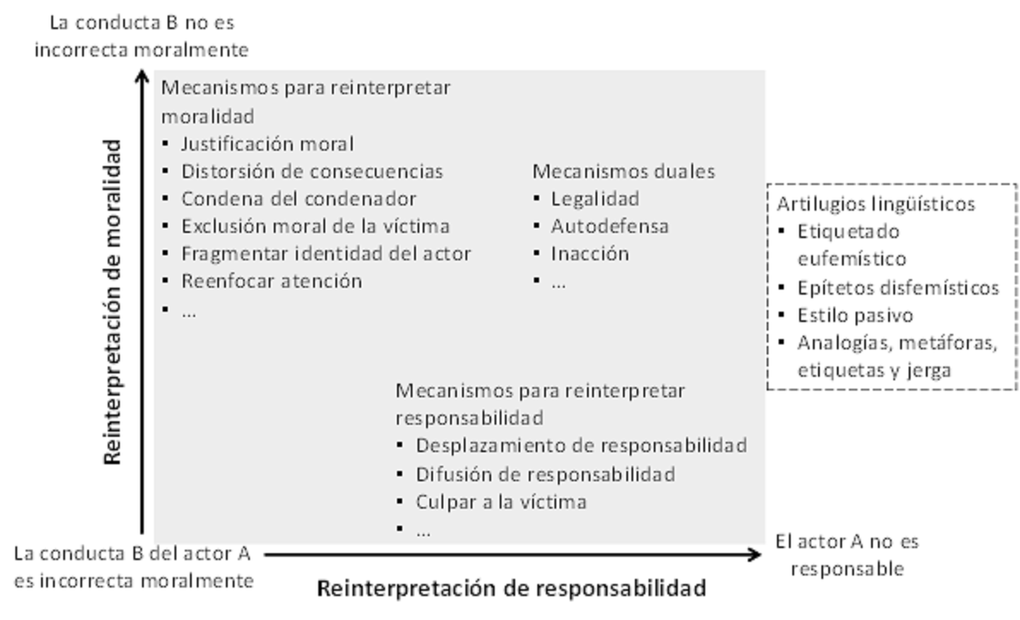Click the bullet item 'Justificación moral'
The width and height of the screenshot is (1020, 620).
[267, 144]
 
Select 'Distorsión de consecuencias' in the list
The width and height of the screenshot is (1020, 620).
[312, 171]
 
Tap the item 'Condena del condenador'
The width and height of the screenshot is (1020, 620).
[299, 199]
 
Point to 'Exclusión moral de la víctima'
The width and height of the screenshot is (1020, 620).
[316, 226]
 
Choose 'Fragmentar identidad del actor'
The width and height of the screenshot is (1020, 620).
[326, 253]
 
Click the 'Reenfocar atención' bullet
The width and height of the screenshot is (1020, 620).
[271, 281]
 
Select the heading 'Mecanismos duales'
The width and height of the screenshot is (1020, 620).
[624, 171]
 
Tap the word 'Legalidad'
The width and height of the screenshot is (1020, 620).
[596, 199]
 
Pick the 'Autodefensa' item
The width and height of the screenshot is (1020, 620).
[609, 226]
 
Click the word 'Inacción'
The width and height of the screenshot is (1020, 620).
[590, 253]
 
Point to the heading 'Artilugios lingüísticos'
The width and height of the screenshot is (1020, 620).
[876, 205]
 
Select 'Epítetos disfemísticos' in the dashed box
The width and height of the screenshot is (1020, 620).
[898, 288]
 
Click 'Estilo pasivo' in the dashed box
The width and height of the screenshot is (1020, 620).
[856, 315]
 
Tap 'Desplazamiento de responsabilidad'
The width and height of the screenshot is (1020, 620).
[582, 445]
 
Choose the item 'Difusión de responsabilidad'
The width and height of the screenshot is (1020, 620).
[545, 474]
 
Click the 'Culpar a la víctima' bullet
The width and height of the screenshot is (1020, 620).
[501, 502]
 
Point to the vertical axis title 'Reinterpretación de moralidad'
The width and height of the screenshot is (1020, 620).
[113, 301]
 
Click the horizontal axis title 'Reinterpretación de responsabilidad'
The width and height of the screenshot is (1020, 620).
[512, 588]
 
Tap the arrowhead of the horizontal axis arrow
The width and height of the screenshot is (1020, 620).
[759, 555]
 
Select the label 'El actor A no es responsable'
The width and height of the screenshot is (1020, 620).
[847, 555]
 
